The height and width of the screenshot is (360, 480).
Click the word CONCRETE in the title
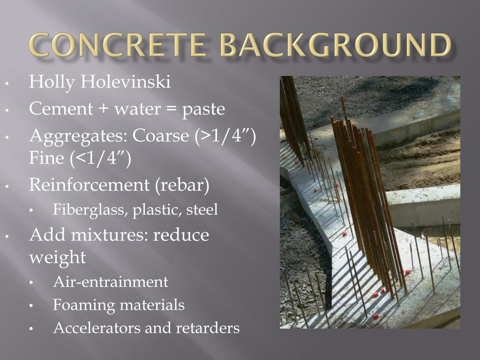click(x=116, y=46)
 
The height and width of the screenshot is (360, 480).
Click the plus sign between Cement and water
click(x=102, y=109)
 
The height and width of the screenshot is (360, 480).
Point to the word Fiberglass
click(x=89, y=209)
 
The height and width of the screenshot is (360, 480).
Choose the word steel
click(x=202, y=209)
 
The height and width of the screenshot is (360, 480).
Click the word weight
click(x=57, y=257)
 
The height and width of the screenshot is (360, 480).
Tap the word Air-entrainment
click(x=111, y=282)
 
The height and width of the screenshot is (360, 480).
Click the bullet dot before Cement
click(x=8, y=111)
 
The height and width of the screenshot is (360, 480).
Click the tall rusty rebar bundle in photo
click(x=361, y=197)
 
